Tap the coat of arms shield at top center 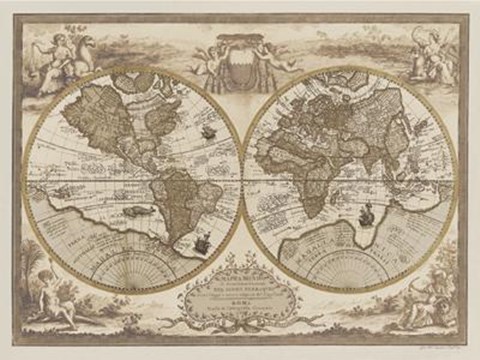tap(240, 48)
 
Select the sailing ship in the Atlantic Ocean tap(207, 130)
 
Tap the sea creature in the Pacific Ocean tap(140, 209)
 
